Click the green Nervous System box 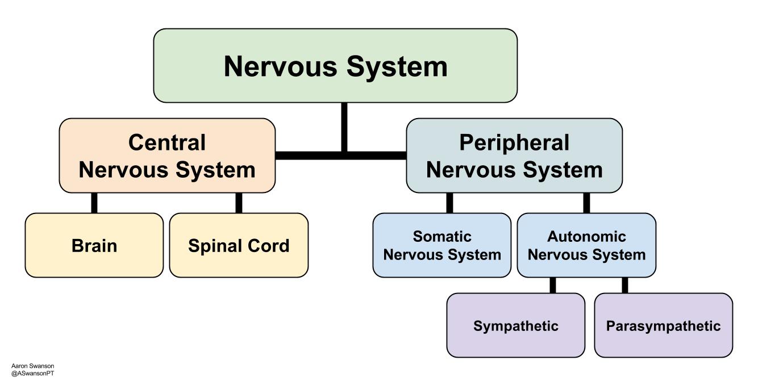pos(335,66)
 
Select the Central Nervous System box pos(167,156)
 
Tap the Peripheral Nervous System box pos(514,156)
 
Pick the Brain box pos(94,245)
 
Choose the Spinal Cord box pos(239,245)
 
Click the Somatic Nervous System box pos(442,245)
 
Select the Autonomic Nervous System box pos(586,245)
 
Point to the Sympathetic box pos(516,325)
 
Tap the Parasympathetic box pos(664,325)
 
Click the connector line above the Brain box pos(94,203)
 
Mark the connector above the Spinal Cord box pos(239,203)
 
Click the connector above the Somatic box pos(449,203)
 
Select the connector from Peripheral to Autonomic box pos(587,203)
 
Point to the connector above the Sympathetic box pos(553,286)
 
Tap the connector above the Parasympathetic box pos(625,286)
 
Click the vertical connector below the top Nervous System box pos(344,127)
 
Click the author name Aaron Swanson pos(33,366)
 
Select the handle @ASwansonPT pos(33,374)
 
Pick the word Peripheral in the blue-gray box pos(514,142)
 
